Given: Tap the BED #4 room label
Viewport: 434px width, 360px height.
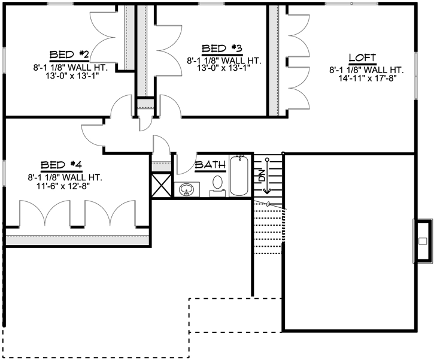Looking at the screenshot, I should coord(60,165).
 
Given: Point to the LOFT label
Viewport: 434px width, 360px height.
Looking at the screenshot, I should coord(363,58).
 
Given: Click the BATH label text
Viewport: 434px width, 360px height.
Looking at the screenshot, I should coord(210,165).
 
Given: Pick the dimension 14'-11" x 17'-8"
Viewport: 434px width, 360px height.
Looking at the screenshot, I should coord(363,77).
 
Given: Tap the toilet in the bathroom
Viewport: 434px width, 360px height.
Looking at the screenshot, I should coord(218,183).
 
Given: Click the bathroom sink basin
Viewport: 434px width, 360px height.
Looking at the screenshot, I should coord(186,190).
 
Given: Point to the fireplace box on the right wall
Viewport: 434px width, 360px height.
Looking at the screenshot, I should coord(423,241).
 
